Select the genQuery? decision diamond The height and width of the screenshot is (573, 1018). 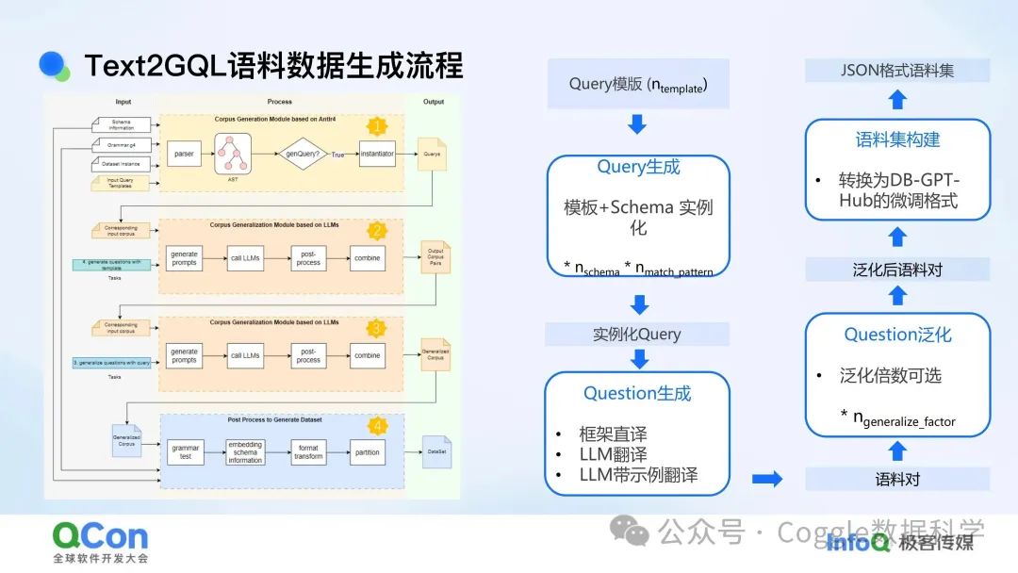click(305, 152)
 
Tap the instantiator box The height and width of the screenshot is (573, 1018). click(377, 152)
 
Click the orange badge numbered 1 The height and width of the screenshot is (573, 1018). click(377, 126)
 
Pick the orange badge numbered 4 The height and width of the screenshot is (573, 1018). click(377, 426)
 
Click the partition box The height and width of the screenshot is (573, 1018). click(367, 451)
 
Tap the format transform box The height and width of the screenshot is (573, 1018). click(308, 451)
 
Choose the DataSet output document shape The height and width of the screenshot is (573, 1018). click(435, 451)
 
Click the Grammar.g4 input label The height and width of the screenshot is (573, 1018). click(123, 145)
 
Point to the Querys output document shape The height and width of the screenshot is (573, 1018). click(433, 154)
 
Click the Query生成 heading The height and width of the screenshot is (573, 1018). click(638, 167)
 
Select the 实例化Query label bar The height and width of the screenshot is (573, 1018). click(637, 334)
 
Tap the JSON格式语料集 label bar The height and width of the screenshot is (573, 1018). click(897, 70)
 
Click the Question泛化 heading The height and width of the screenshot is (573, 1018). click(897, 335)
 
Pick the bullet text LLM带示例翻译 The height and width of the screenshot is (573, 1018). click(638, 475)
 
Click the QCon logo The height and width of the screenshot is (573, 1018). click(100, 536)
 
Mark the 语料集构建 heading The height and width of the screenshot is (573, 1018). click(897, 139)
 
